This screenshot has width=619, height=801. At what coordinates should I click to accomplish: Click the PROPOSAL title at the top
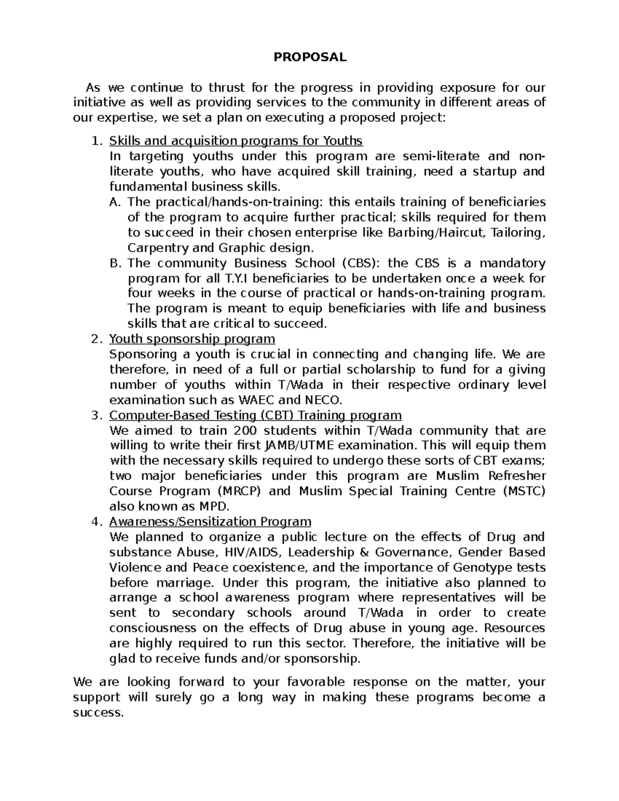click(309, 57)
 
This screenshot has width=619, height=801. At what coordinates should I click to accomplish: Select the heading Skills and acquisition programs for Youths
click(236, 141)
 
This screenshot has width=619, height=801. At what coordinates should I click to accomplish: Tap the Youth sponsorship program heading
click(192, 339)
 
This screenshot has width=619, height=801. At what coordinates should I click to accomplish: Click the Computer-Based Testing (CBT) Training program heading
click(255, 415)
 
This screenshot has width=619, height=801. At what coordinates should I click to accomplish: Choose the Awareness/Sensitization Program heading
click(210, 521)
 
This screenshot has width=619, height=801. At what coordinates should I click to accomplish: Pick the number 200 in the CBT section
click(246, 431)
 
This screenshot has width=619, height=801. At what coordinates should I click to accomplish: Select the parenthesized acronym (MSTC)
click(523, 491)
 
